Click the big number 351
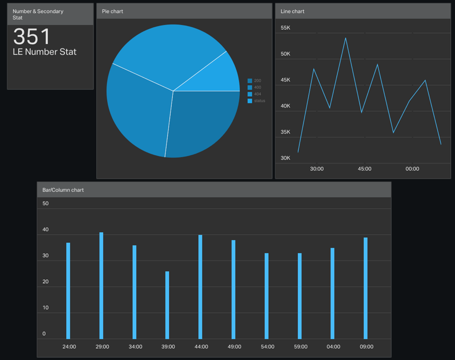[x=32, y=36]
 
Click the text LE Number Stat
[x=44, y=52]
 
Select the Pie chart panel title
[x=112, y=11]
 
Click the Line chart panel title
[x=293, y=11]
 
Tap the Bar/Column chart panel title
[x=63, y=190]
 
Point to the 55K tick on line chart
[x=285, y=28]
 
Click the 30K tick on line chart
[x=285, y=158]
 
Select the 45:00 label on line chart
[x=364, y=169]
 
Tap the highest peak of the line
[x=346, y=38]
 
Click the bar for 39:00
[x=167, y=305]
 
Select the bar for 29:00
[x=102, y=286]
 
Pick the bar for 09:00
[x=365, y=288]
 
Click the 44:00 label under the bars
[x=201, y=346]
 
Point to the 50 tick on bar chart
[x=46, y=203]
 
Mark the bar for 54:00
[x=267, y=296]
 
